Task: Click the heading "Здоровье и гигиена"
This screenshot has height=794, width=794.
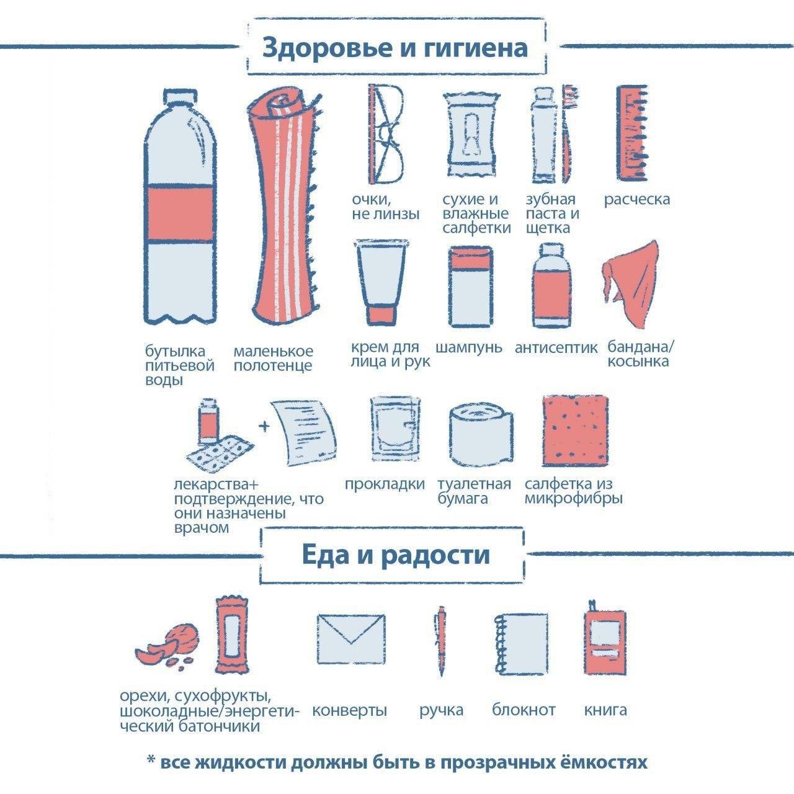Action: pos(396,48)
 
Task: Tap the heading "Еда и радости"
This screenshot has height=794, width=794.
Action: pos(396,555)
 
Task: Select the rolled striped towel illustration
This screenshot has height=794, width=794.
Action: pos(284,205)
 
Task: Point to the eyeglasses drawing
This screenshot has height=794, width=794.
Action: pos(386,133)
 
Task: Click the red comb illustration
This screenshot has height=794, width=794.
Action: pos(632,133)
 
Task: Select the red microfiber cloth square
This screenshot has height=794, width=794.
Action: pos(575,431)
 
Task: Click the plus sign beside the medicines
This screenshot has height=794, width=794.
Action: pos(265,426)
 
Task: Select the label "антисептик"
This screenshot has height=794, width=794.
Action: pos(556,347)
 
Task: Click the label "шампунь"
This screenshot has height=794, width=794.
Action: pos(469,347)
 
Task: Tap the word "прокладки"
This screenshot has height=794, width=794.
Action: pos(385,484)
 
